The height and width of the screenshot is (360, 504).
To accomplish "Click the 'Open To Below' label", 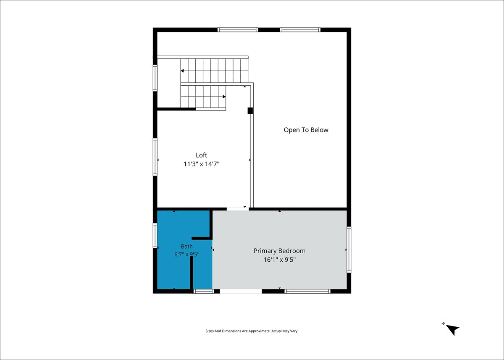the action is click(306, 130).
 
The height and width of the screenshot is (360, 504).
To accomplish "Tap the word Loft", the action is click(201, 155).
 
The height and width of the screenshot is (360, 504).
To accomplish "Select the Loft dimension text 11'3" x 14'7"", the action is click(201, 164).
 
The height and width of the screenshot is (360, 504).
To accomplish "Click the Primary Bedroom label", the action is click(279, 251).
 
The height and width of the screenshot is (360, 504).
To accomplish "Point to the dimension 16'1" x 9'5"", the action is click(279, 260).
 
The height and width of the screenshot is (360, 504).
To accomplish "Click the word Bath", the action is click(187, 247).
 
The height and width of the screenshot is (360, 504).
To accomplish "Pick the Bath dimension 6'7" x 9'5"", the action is click(187, 255).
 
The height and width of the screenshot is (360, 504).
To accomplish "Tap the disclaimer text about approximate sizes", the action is click(252, 331).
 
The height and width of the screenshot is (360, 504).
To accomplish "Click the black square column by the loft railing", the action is click(250, 111).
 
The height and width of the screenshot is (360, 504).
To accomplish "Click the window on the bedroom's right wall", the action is click(349, 250).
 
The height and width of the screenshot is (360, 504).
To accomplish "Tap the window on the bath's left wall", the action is click(155, 236).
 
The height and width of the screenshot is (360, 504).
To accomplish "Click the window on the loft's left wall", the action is click(155, 157).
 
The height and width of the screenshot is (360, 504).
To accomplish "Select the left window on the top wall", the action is click(238, 30).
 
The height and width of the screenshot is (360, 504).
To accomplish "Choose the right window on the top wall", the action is click(300, 30).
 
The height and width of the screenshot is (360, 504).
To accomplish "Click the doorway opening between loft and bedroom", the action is click(238, 209).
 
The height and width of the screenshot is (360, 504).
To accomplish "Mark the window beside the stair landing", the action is click(155, 78).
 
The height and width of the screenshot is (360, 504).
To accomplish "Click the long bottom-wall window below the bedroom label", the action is click(307, 292).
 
